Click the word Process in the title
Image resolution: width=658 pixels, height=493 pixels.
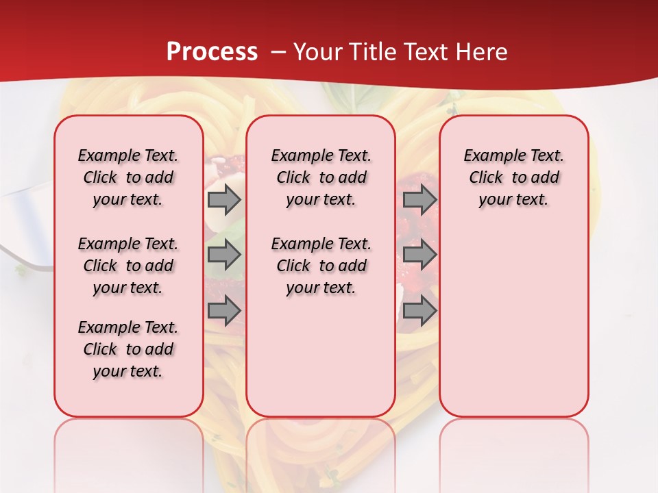(212, 52)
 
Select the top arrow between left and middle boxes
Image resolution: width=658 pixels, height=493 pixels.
(224, 200)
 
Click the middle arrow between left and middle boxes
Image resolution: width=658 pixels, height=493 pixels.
(224, 255)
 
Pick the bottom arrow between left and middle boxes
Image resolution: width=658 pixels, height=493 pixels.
(224, 310)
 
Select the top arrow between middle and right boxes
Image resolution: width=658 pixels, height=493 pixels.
(419, 200)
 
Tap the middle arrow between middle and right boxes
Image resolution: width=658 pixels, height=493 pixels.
(419, 255)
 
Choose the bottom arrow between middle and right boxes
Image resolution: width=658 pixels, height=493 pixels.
(419, 310)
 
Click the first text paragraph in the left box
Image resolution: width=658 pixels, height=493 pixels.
(128, 177)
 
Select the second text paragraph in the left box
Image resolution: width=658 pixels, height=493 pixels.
(128, 266)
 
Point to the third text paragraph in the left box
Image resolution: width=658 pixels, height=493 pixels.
(128, 349)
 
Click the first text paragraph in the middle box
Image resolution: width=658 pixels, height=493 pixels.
(321, 177)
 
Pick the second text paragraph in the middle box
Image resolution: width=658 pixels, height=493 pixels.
(321, 266)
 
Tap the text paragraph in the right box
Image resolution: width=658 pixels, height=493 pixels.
(513, 177)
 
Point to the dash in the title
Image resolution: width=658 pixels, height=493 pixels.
(278, 52)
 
